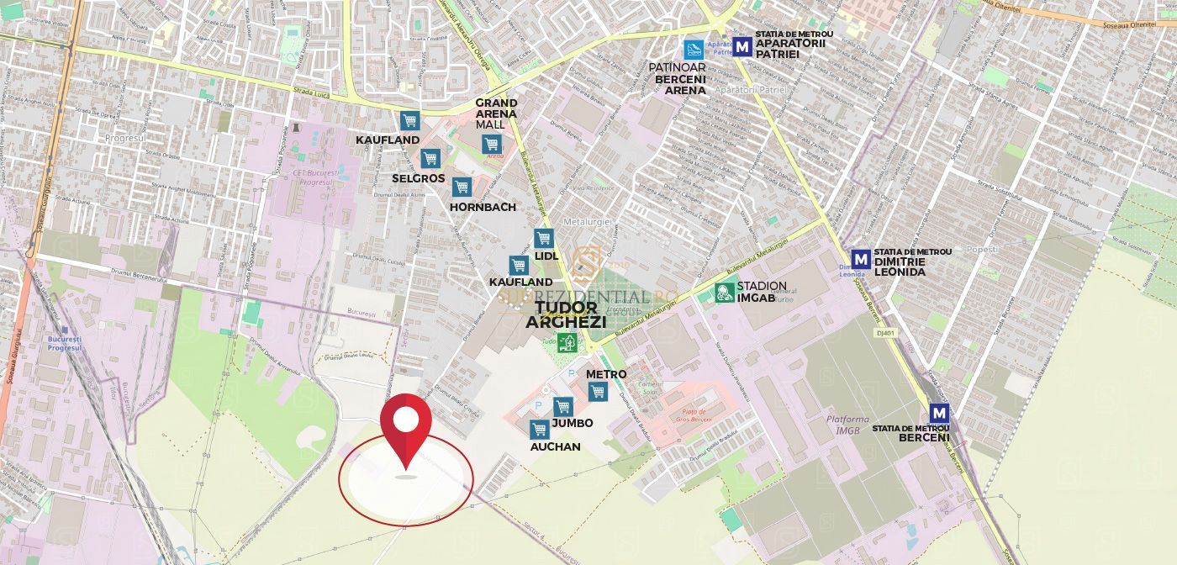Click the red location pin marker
(406, 424)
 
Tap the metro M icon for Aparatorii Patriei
(742, 46)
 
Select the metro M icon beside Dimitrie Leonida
(860, 259)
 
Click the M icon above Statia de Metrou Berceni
(939, 414)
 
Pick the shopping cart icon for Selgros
(430, 158)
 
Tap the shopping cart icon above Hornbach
(461, 187)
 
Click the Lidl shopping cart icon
(543, 239)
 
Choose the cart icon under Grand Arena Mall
(492, 145)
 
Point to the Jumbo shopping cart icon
(563, 407)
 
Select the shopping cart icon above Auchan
(540, 430)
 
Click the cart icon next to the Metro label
(598, 391)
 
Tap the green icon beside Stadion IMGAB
(724, 293)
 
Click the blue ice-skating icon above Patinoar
(694, 48)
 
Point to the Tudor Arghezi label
(566, 314)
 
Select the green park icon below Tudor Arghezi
(567, 342)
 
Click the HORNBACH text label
(483, 207)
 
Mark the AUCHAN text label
(555, 446)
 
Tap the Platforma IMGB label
(847, 425)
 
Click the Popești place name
(982, 250)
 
